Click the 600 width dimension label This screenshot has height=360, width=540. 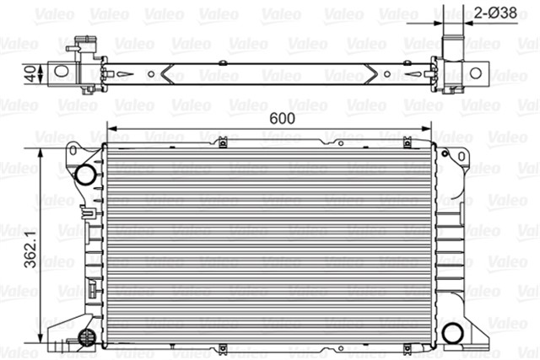282,119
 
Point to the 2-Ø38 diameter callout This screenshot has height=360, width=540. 500,13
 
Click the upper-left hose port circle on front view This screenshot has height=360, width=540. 84,175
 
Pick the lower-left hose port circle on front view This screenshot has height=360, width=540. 84,337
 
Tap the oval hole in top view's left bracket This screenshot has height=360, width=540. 62,73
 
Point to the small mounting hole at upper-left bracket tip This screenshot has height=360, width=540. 73,151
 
